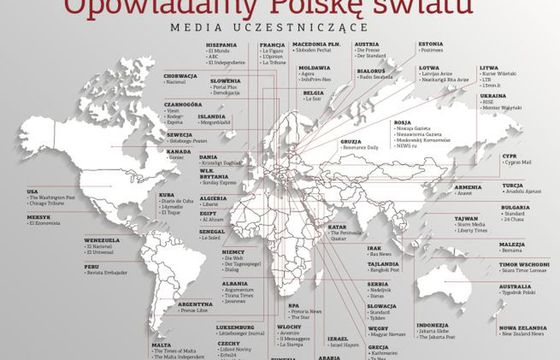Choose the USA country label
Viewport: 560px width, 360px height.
(32, 190)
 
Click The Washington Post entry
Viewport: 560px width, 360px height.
(56, 197)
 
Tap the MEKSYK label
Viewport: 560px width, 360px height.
(39, 216)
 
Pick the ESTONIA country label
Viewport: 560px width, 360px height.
(431, 44)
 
